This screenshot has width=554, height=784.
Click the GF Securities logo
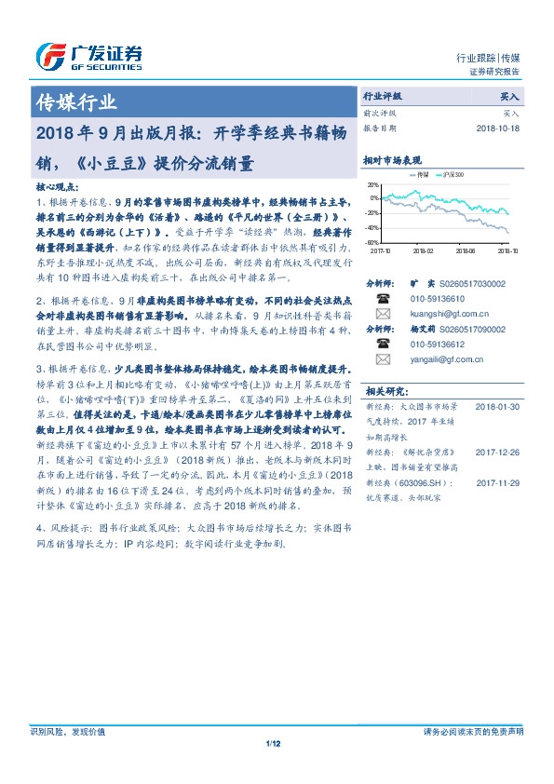click(x=88, y=57)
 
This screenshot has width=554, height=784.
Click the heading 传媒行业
click(x=75, y=102)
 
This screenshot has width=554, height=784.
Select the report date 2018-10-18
click(x=496, y=128)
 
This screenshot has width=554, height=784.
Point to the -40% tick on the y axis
click(x=372, y=228)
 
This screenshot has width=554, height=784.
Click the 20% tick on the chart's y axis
click(x=372, y=184)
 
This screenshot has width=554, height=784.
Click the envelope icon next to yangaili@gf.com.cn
click(x=383, y=358)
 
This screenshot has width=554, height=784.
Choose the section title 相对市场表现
click(x=392, y=160)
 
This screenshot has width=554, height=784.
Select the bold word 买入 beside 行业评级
click(x=510, y=96)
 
